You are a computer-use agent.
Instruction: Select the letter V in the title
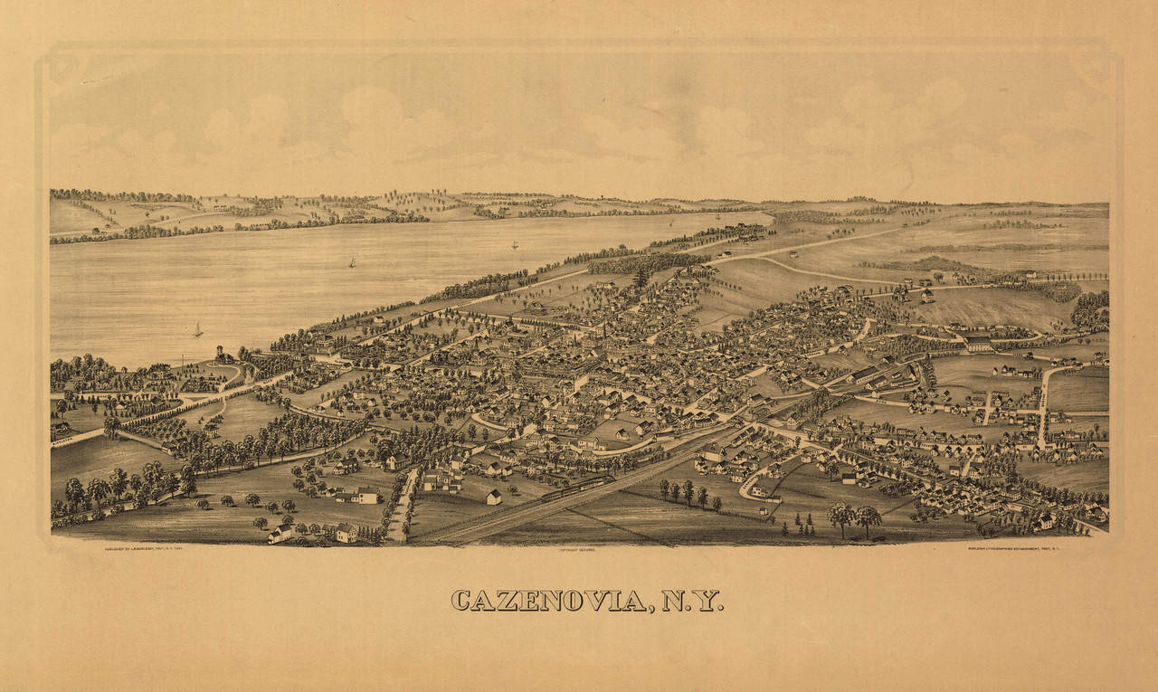tap(593, 601)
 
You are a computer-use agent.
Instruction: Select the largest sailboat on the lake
tap(197, 330)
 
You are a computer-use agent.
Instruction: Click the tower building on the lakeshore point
tap(219, 353)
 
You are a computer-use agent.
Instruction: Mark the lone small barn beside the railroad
tap(493, 497)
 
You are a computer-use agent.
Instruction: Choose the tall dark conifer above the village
tap(641, 277)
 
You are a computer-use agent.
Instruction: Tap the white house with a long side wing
tap(361, 495)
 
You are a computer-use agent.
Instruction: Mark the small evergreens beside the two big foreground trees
tap(803, 522)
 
